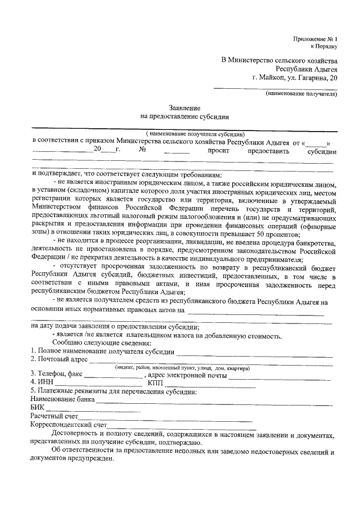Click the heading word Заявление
(184, 107)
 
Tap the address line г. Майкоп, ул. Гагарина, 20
(296, 78)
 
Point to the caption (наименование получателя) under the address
(301, 94)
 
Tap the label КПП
(155, 382)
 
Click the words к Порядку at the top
(325, 47)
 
